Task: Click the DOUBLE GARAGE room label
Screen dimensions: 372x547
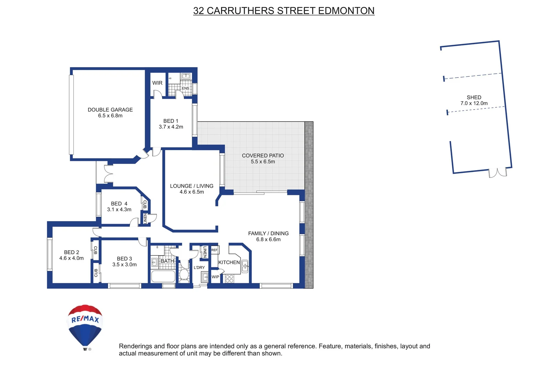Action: [110, 110]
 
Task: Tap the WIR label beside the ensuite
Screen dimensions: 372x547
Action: [157, 83]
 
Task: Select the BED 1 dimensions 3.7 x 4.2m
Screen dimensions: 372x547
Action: [171, 127]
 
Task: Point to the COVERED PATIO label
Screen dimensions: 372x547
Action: [263, 156]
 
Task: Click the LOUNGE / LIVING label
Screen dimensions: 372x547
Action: [191, 186]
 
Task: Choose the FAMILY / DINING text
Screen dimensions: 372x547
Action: [268, 234]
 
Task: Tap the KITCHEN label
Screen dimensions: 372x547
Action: [229, 262]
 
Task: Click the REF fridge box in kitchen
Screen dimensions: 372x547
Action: [214, 250]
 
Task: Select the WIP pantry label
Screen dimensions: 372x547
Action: [215, 277]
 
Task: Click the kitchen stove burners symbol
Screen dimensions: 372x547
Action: [230, 279]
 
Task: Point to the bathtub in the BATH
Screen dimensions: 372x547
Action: [163, 277]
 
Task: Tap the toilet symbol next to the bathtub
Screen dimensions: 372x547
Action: [184, 275]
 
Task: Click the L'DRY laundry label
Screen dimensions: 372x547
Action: [199, 268]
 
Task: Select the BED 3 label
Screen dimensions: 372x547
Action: [124, 259]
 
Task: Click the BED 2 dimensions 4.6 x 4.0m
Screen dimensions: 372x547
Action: [71, 258]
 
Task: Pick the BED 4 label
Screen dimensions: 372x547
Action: [119, 204]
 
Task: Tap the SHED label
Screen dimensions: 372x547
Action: [474, 97]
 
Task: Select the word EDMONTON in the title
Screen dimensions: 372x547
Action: [346, 11]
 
